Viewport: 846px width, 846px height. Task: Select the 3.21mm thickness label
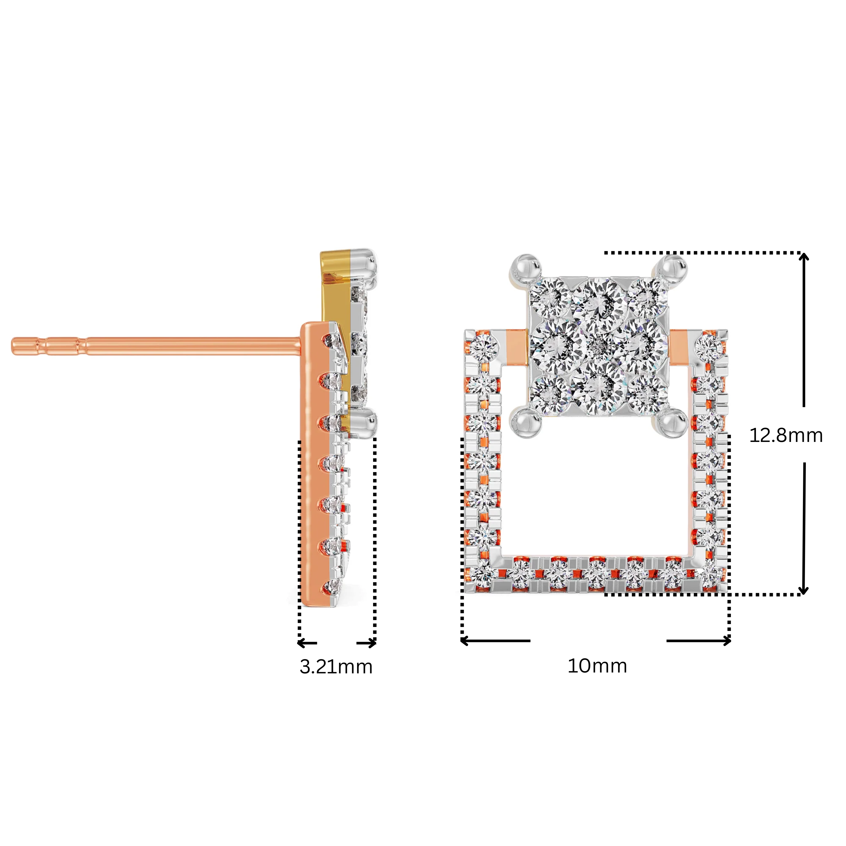336,666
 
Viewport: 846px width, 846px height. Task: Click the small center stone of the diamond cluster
599,347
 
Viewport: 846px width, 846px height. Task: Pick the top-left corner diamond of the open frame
484,347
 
